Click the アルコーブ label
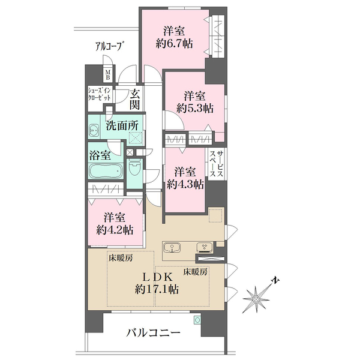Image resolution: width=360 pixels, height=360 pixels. tap(108, 46)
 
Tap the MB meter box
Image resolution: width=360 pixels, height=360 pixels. tap(107, 75)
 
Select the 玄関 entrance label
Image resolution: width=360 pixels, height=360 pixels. tap(135, 99)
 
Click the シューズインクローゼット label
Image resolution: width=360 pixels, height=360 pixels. tap(100, 94)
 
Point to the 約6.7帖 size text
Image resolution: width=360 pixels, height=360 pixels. tap(174, 43)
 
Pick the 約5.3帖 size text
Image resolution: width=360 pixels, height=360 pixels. tap(194, 108)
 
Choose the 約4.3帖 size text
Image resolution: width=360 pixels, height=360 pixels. tap(185, 184)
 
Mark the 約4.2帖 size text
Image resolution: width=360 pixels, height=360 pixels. tap(115, 230)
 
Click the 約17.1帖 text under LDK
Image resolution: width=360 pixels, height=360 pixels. tap(157, 290)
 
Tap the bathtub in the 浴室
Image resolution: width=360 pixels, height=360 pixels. tap(106, 170)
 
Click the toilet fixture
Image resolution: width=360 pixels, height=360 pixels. tap(134, 168)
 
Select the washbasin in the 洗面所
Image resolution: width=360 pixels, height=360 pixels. tap(94, 131)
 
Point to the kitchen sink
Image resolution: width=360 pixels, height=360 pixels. tap(172, 248)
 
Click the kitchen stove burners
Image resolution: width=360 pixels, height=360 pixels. tap(204, 247)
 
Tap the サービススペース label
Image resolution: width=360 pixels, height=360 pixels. tap(216, 163)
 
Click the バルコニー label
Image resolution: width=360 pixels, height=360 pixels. tap(154, 332)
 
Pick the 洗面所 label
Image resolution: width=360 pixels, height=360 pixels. tap(122, 125)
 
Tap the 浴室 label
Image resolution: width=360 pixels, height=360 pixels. tap(100, 155)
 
